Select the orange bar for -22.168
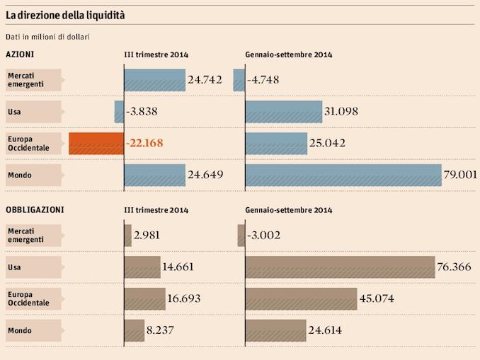click(x=96, y=144)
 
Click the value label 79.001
click(x=460, y=175)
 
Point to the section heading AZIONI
click(x=20, y=54)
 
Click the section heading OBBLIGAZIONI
click(x=35, y=209)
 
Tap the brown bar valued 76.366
click(x=340, y=267)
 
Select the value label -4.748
click(x=263, y=80)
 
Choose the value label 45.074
click(x=377, y=298)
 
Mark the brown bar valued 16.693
click(x=144, y=298)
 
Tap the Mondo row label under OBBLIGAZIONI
click(x=20, y=330)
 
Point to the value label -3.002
click(x=263, y=236)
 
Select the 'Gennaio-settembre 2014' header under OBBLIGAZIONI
click(x=288, y=210)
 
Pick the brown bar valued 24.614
click(x=275, y=330)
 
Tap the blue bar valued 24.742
click(x=154, y=80)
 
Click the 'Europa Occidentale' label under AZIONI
click(x=28, y=144)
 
